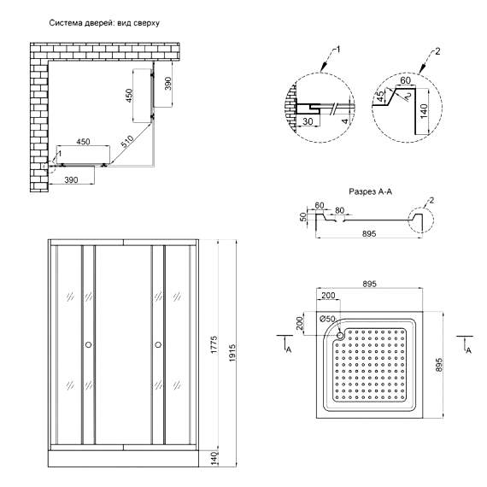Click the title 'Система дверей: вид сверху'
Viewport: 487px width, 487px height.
(104, 23)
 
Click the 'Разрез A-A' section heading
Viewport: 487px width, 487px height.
(370, 191)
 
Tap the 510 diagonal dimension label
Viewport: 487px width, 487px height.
(127, 142)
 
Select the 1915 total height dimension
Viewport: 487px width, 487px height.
(232, 353)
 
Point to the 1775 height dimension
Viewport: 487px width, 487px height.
(214, 345)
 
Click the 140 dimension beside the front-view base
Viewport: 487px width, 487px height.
(214, 457)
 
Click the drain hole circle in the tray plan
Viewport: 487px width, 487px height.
(340, 335)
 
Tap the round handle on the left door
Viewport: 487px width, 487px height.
(89, 344)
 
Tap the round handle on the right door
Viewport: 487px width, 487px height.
(158, 344)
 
